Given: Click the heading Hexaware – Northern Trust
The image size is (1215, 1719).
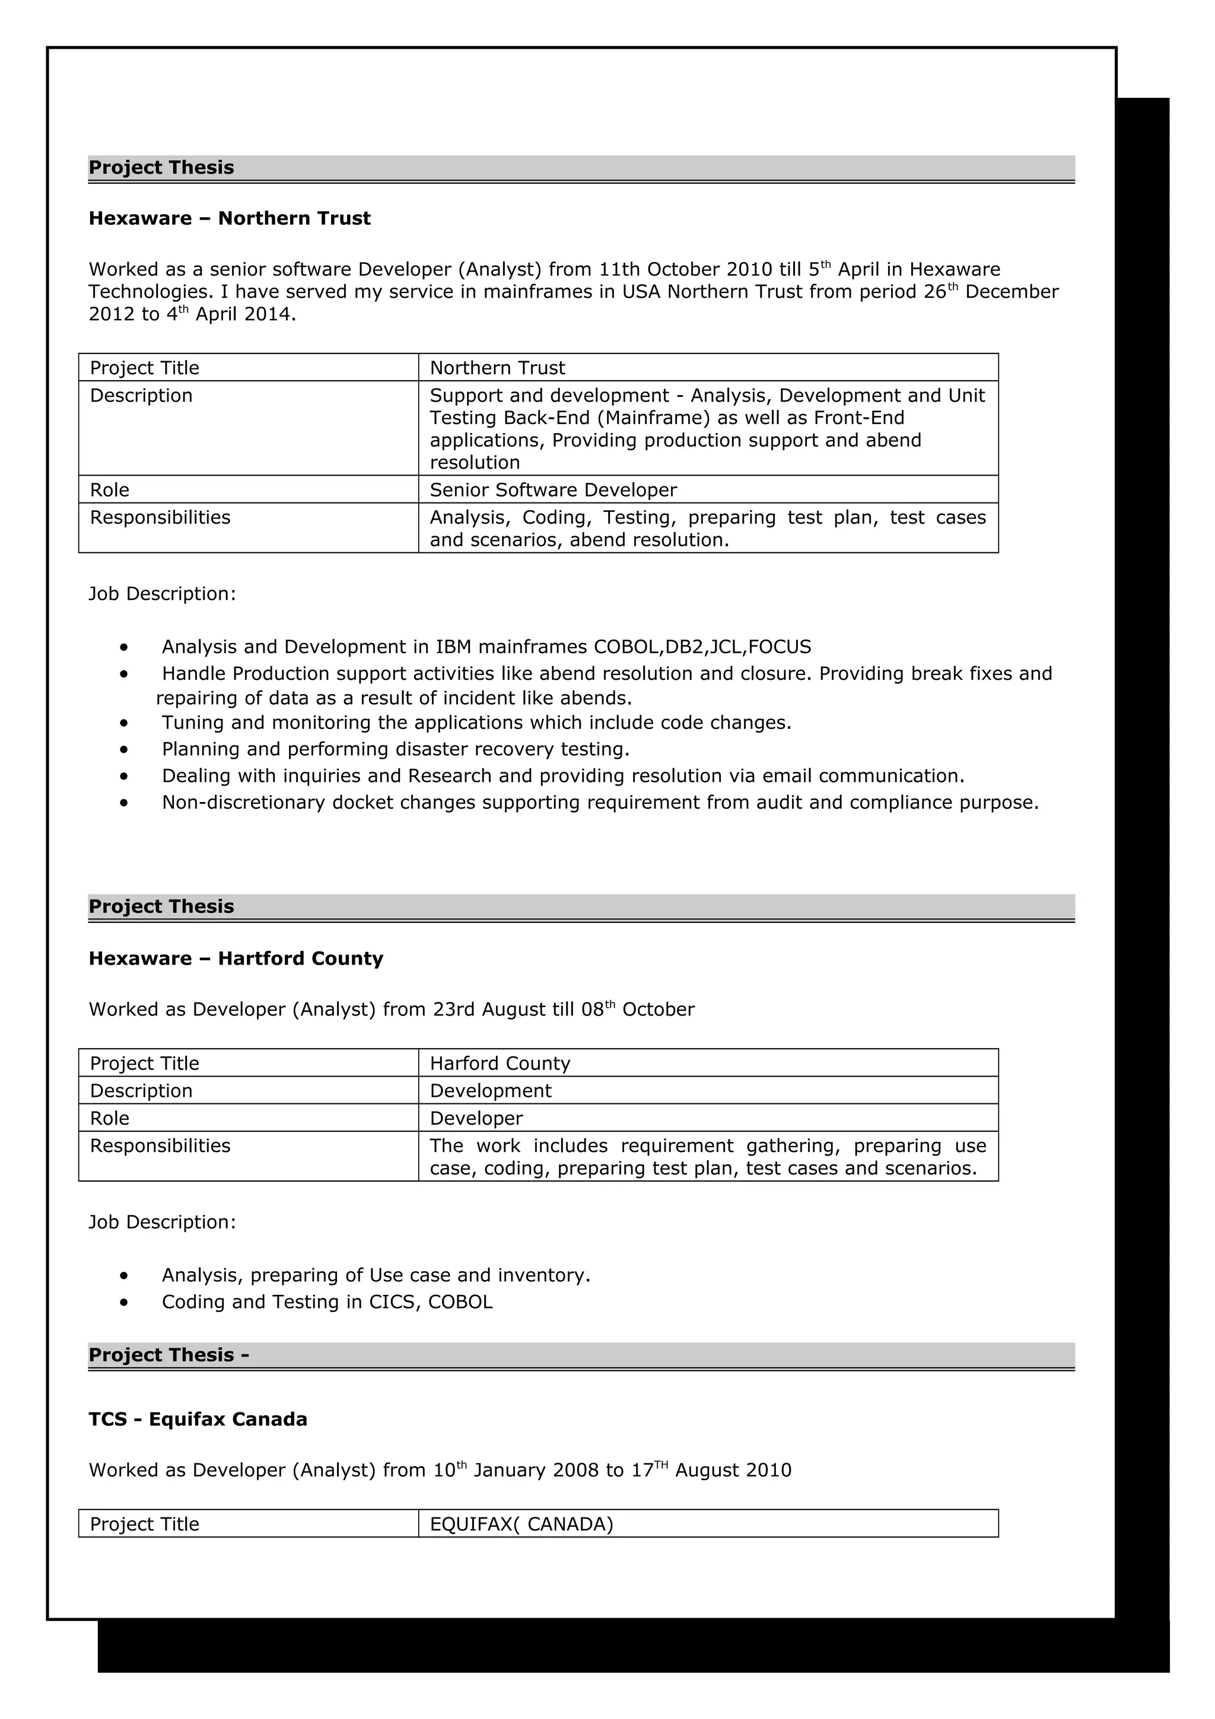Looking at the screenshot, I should [229, 219].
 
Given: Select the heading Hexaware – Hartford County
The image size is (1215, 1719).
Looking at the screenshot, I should [236, 959].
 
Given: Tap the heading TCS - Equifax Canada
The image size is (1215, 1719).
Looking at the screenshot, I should [198, 1419].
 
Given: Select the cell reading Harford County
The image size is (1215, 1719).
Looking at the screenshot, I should [500, 1064].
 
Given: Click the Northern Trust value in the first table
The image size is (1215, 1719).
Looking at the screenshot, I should [497, 368].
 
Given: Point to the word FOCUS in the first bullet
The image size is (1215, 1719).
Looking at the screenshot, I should [780, 647].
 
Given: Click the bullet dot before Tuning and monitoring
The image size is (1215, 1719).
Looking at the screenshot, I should [123, 723].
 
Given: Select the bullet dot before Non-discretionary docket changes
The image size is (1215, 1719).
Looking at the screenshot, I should [123, 803].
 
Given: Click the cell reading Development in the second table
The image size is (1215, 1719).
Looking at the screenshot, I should [491, 1091].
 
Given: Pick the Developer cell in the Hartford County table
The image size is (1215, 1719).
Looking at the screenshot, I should [476, 1119].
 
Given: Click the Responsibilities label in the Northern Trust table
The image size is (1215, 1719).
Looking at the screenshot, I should [160, 518].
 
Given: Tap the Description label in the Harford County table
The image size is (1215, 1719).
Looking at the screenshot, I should [141, 1091].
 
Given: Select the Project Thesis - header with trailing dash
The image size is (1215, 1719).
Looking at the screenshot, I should [168, 1355].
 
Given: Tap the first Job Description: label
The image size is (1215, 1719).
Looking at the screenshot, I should [162, 594].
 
